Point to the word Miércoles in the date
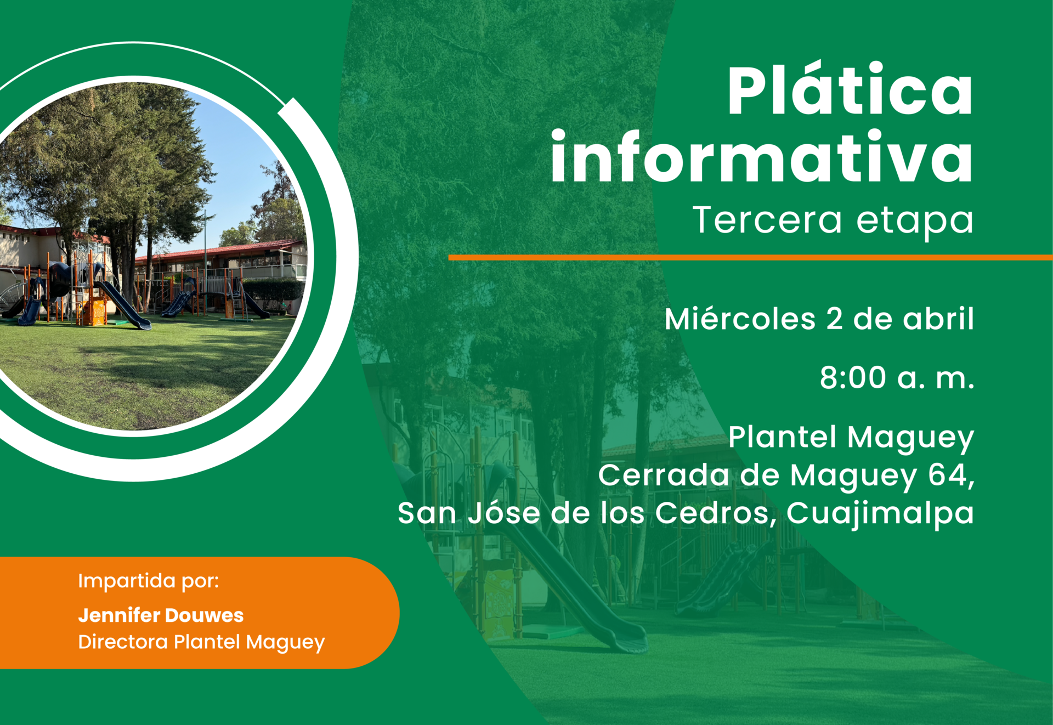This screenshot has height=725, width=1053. point(740,319)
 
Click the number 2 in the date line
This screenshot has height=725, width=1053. point(834,319)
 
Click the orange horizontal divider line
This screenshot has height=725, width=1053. point(750,257)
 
